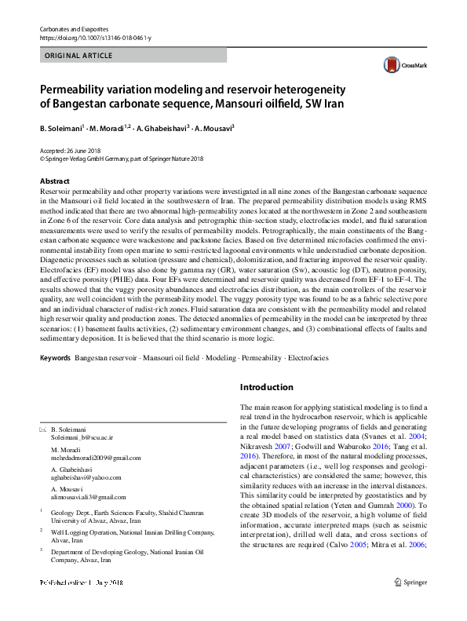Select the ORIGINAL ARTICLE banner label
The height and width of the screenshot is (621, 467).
point(79,56)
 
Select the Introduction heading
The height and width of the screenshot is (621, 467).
point(266,388)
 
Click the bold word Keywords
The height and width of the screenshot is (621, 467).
point(55,358)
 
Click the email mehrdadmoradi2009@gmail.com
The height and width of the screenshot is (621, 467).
point(96,456)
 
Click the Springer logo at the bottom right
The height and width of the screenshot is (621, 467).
point(411,605)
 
